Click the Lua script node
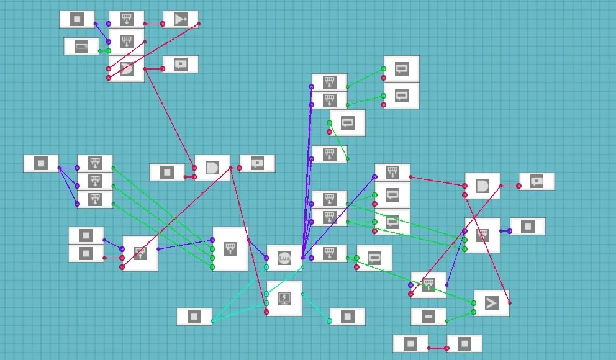[284, 258]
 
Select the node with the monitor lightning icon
[284, 299]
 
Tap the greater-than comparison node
[491, 303]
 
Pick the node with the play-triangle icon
[180, 19]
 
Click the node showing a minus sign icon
[428, 317]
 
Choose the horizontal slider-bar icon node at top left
[81, 47]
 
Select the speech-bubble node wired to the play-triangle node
[180, 65]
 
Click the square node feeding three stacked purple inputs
[41, 163]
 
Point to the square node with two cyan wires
[194, 317]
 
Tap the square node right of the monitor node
[347, 317]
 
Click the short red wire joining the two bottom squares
[438, 348]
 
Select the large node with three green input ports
[230, 249]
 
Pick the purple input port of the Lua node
[266, 258]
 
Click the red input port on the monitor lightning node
[266, 312]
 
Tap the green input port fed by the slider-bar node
[108, 51]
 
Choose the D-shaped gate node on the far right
[482, 186]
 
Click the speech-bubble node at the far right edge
[537, 181]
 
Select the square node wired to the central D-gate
[167, 172]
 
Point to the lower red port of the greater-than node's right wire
[510, 303]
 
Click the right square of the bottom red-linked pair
[464, 344]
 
